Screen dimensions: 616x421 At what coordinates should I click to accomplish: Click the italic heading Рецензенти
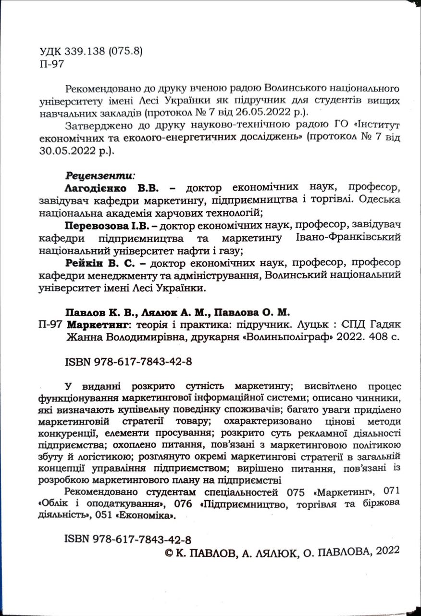(x=99, y=174)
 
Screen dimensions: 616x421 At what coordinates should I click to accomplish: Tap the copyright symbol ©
(x=169, y=554)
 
